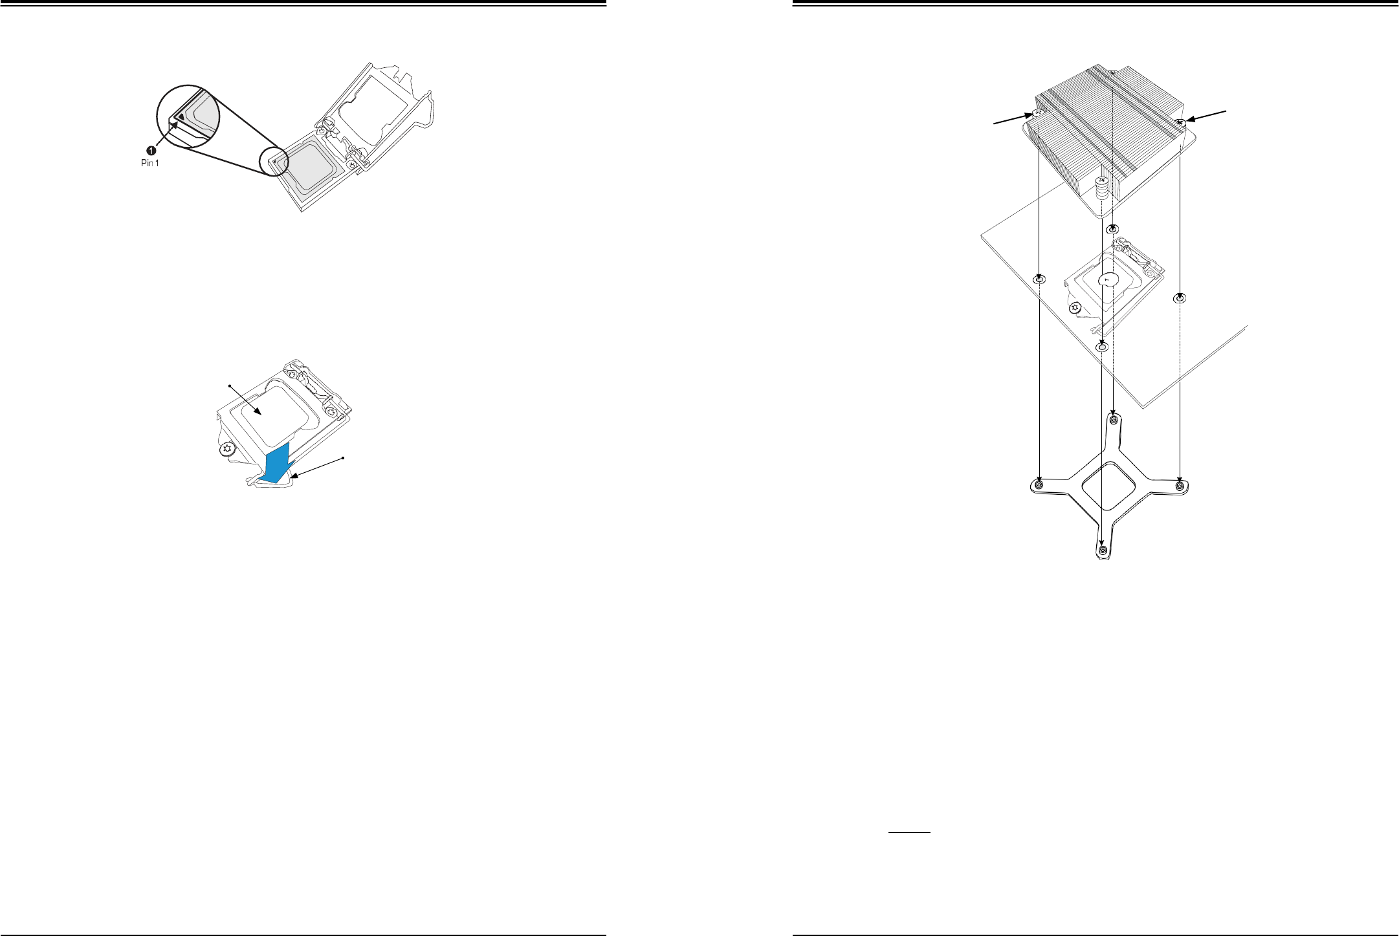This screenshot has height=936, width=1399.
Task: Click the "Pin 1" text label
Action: [x=149, y=163]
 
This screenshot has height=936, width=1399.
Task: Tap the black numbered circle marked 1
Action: [x=149, y=151]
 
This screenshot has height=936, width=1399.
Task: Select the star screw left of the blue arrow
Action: [x=227, y=448]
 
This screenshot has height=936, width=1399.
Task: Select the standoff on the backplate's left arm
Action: [x=1039, y=485]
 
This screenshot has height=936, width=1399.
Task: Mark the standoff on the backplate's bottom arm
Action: [x=1103, y=550]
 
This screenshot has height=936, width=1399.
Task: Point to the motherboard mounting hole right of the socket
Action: [x=1180, y=298]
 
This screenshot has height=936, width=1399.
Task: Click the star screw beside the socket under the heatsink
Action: [x=1075, y=308]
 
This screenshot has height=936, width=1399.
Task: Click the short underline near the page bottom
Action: [x=909, y=833]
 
